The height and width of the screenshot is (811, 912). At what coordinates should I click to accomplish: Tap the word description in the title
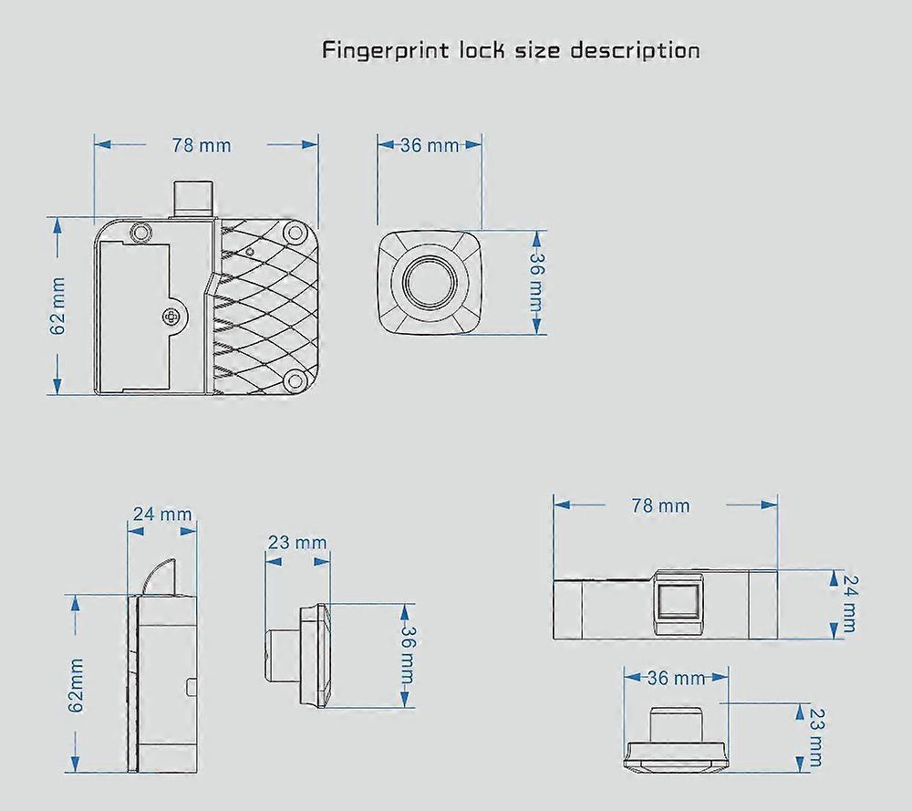coord(635,50)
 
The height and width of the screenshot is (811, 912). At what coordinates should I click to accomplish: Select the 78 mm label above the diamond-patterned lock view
coord(202,145)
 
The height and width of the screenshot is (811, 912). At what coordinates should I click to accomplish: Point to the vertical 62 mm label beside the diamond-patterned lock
coord(58,307)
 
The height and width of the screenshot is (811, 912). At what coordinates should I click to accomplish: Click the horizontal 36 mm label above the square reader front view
coord(429,145)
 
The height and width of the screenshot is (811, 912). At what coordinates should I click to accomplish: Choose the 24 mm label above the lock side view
coord(162,514)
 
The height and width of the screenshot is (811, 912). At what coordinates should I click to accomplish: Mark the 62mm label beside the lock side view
coord(76,684)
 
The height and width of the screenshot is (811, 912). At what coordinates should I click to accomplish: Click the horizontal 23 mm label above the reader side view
coord(296,543)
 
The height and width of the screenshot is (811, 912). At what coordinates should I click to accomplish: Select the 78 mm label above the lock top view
coord(661,505)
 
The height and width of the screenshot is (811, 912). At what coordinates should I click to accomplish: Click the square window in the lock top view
coord(679,604)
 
